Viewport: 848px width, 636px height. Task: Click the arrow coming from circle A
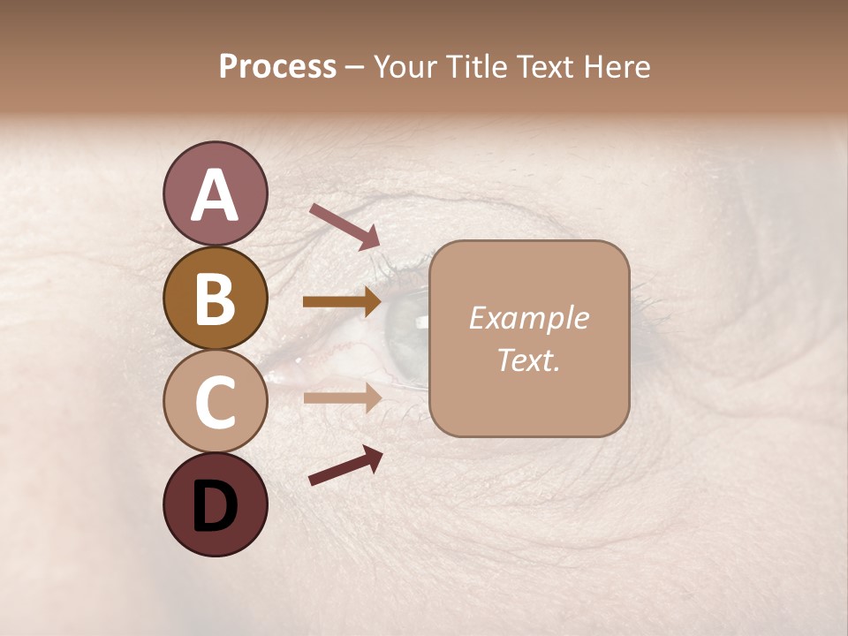(344, 226)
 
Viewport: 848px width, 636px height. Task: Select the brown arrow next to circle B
(342, 302)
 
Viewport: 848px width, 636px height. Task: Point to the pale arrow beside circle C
(342, 397)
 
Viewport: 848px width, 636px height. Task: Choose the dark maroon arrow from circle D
(345, 466)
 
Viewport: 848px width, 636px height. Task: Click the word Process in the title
(277, 67)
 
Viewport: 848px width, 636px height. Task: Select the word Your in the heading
(406, 67)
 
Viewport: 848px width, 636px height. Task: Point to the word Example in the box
(528, 318)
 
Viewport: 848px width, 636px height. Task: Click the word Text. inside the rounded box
(528, 360)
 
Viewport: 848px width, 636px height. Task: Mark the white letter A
(215, 195)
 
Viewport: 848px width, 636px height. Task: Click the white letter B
(215, 299)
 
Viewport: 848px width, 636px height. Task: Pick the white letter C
(215, 403)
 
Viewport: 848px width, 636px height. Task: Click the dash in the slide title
(355, 67)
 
